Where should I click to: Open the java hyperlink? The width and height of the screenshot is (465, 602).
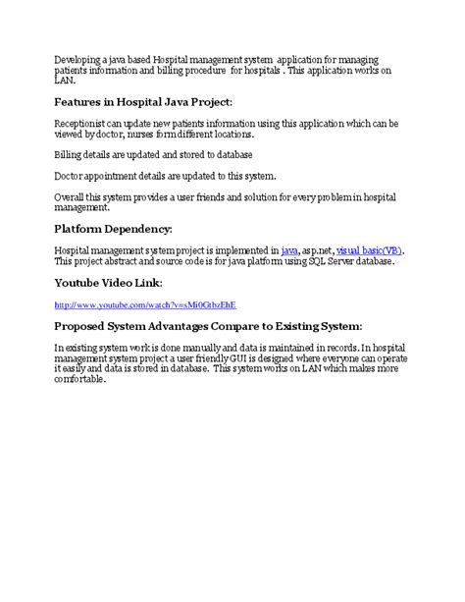pyautogui.click(x=289, y=250)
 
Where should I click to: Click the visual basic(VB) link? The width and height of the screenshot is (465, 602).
pyautogui.click(x=369, y=250)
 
